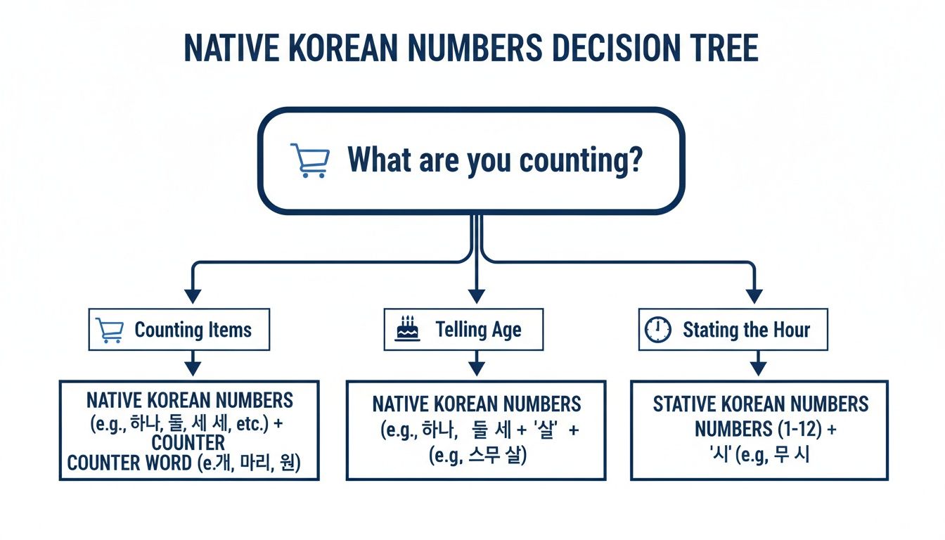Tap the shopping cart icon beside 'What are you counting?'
pyautogui.click(x=309, y=160)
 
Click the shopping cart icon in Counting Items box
pyautogui.click(x=110, y=330)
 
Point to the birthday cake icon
pyautogui.click(x=408, y=329)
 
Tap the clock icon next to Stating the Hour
pyautogui.click(x=658, y=329)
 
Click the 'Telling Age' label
pyautogui.click(x=478, y=329)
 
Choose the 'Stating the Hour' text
pyautogui.click(x=746, y=329)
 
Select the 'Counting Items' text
pyautogui.click(x=193, y=330)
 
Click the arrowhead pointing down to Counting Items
pyautogui.click(x=193, y=295)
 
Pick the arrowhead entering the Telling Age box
pyautogui.click(x=477, y=295)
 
